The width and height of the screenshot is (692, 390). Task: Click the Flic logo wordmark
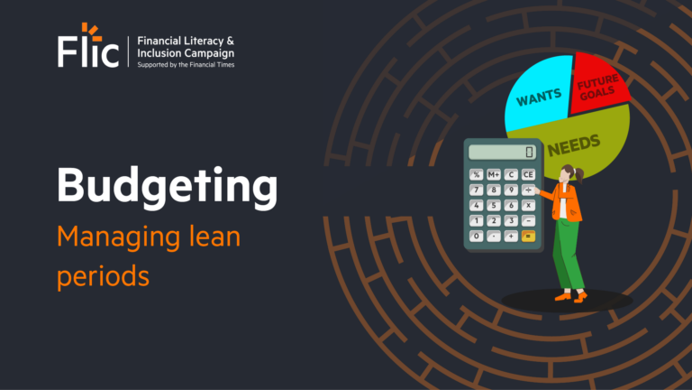[88, 51]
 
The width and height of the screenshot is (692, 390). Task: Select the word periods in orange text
[103, 275]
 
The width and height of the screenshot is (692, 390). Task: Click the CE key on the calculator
[528, 174]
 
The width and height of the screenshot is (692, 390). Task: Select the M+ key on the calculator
[494, 174]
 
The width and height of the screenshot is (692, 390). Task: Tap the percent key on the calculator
[477, 174]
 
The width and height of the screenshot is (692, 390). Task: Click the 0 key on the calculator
[477, 236]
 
